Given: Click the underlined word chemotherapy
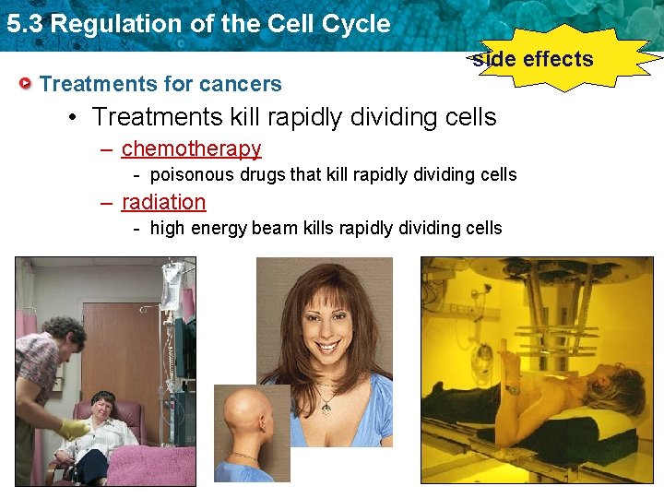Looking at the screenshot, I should [191, 148].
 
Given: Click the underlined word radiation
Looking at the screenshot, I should [163, 202].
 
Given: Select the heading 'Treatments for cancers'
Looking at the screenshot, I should [160, 84].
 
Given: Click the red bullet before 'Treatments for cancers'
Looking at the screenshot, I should [28, 84].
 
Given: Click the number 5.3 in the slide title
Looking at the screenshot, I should [24, 24].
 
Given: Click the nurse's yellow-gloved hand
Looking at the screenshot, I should [75, 428].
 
